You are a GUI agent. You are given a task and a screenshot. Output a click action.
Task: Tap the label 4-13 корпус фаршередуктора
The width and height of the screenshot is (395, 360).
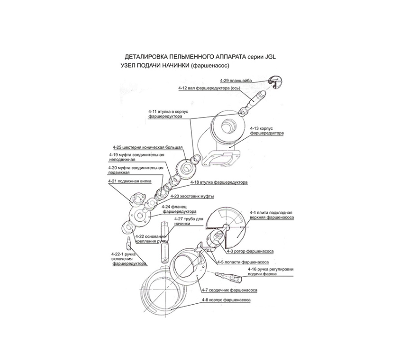coord(267,130)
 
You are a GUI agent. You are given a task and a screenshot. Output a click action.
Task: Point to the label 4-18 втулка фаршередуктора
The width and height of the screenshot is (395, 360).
coord(219,182)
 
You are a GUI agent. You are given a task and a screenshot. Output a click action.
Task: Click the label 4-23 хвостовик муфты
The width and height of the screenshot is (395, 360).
coord(192,195)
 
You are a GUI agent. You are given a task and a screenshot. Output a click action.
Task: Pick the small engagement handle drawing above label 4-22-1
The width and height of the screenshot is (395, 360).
coord(128,244)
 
